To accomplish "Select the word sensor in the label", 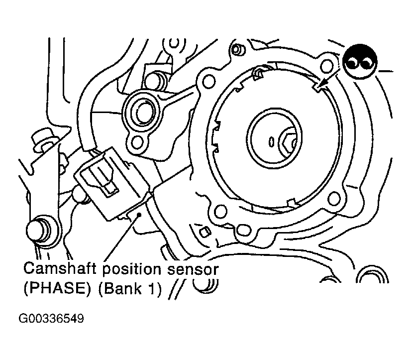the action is [x=193, y=270].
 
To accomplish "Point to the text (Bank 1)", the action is [x=130, y=289].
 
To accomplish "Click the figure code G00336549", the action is [x=51, y=319].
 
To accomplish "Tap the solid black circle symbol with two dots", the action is [x=360, y=62].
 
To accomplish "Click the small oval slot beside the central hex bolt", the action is [x=271, y=142].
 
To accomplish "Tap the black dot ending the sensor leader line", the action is [x=139, y=215].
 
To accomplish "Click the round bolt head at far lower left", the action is [x=39, y=230].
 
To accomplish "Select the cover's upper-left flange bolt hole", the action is [x=209, y=81].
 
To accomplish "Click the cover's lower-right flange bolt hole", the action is [x=334, y=199].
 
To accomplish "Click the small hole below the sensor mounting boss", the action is [x=137, y=142].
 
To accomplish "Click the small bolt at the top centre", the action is [x=238, y=49].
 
